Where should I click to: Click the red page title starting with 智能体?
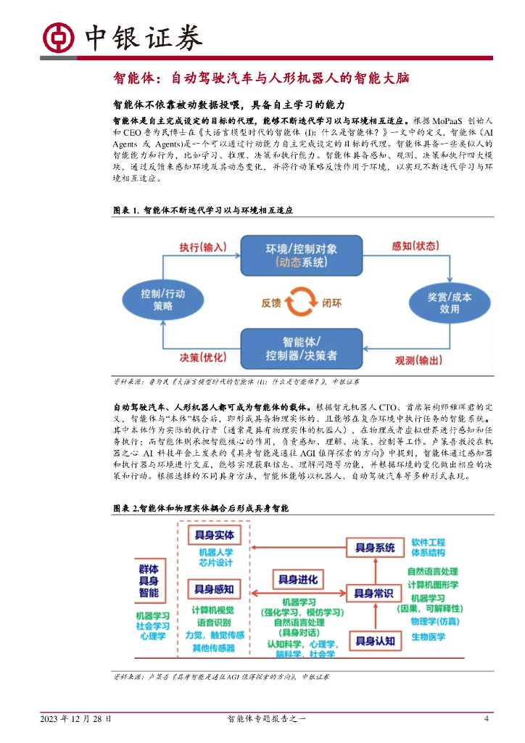[262, 78]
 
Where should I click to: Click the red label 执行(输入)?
[203, 247]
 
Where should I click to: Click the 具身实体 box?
[214, 535]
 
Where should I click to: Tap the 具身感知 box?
[214, 589]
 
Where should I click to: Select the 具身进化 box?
[298, 579]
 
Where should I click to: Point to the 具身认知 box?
[375, 641]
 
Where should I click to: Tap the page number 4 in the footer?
[487, 719]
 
